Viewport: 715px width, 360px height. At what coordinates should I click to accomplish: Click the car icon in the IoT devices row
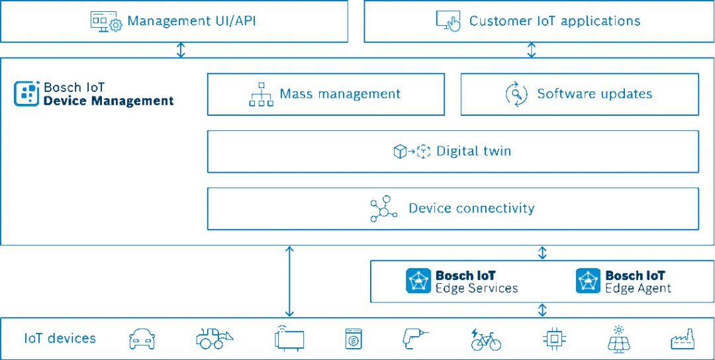(x=141, y=339)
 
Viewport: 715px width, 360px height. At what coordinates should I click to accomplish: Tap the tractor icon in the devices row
(x=215, y=339)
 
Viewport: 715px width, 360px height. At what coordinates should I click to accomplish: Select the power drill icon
(x=416, y=339)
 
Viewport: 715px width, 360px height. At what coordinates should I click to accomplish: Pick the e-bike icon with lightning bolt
(x=485, y=339)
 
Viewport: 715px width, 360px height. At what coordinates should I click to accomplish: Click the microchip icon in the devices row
(x=553, y=339)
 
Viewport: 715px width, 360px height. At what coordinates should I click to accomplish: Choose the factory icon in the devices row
(x=683, y=339)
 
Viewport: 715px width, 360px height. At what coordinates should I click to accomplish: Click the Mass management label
(x=340, y=94)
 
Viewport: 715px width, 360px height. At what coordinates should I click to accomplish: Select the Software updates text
(x=594, y=94)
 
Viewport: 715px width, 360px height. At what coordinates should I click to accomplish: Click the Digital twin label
(x=473, y=151)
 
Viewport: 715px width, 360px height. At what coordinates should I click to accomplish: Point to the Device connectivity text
(x=471, y=208)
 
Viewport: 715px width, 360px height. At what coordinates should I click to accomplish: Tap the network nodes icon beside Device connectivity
(x=383, y=208)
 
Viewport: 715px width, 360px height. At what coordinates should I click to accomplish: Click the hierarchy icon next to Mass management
(x=261, y=95)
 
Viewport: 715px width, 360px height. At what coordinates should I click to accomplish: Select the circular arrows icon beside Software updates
(x=516, y=94)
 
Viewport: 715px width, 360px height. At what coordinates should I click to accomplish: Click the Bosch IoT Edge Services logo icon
(x=418, y=281)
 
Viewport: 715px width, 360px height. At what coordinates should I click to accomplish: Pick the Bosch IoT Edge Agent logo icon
(x=588, y=281)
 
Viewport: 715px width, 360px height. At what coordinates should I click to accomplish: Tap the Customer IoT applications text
(x=555, y=21)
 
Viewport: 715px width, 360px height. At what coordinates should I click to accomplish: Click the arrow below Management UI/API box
(x=181, y=50)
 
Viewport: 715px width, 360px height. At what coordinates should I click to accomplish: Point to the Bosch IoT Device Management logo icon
(x=26, y=94)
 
